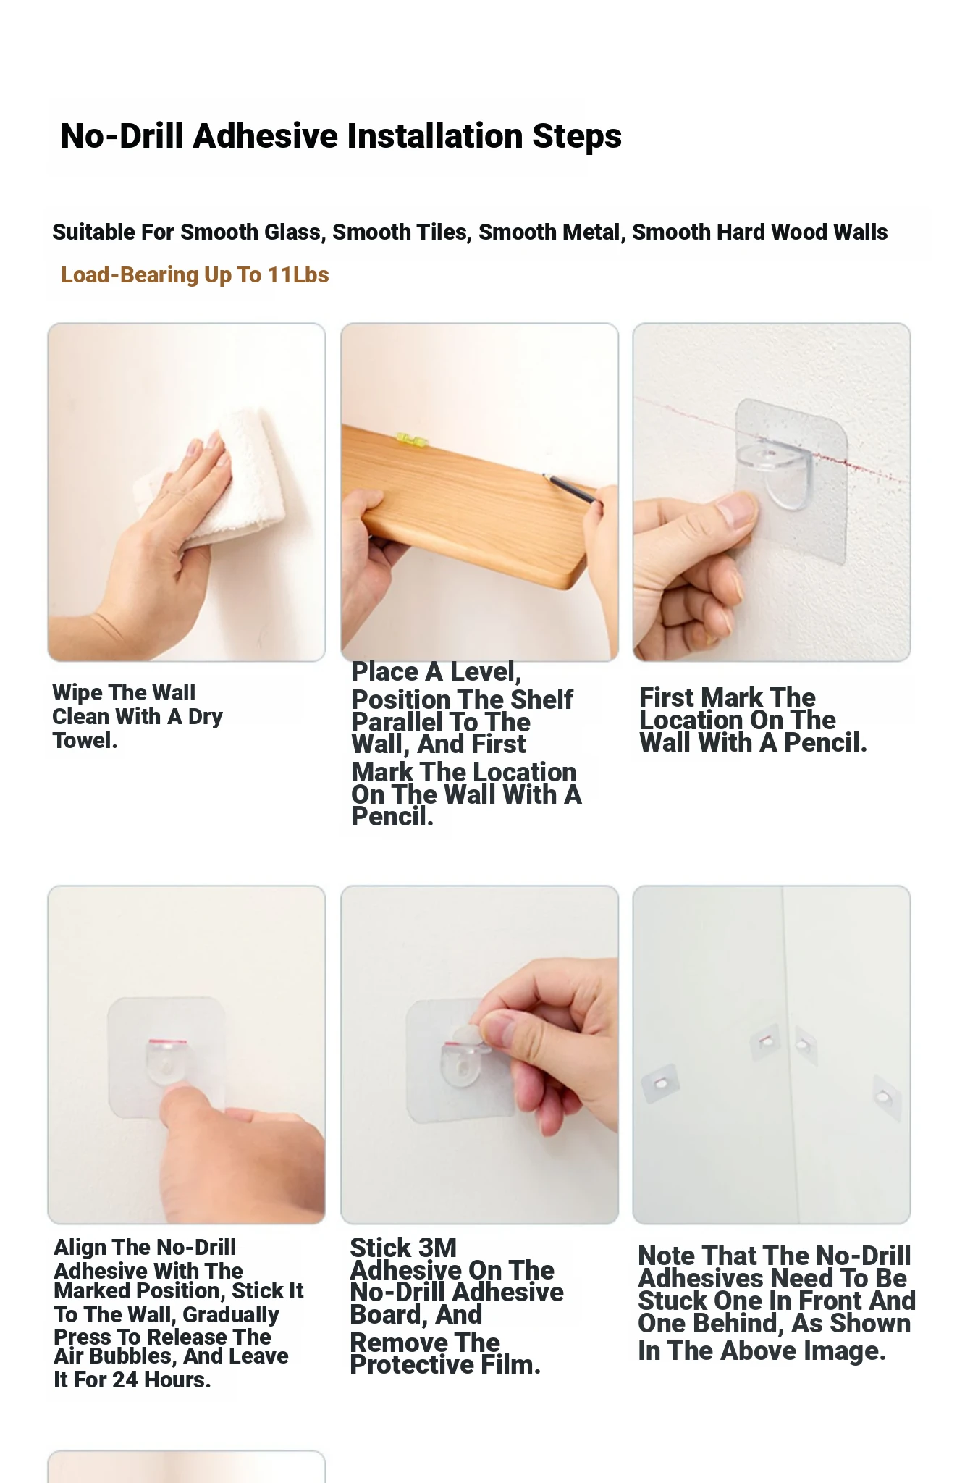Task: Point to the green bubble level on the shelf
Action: click(x=409, y=438)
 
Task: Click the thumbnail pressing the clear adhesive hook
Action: click(x=737, y=511)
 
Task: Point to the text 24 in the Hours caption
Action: click(x=126, y=1380)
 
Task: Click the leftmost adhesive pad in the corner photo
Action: click(x=660, y=1083)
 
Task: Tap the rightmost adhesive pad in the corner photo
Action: click(x=885, y=1098)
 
